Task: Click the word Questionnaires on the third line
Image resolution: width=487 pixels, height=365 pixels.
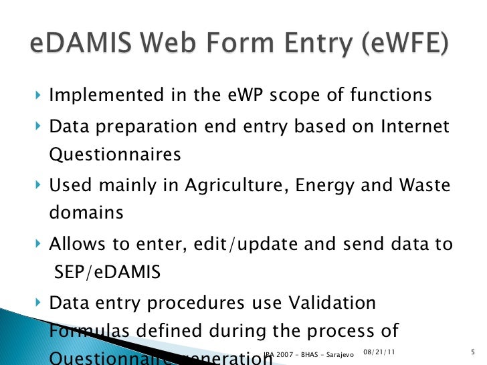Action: pos(115,154)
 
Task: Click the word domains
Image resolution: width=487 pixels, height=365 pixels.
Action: pos(86,213)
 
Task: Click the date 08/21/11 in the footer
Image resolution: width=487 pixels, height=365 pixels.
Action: pos(375,352)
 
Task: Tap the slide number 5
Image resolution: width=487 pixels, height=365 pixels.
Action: pos(473,352)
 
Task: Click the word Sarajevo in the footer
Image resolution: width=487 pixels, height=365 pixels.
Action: pos(338,353)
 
